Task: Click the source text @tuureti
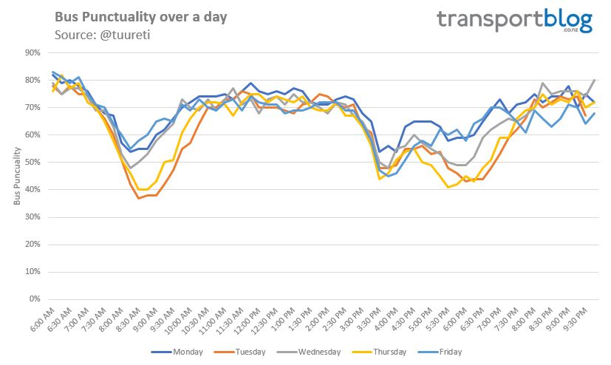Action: (94, 35)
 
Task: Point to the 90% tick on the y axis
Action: (32, 52)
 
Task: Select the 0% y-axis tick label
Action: (34, 299)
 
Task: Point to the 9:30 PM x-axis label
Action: (584, 321)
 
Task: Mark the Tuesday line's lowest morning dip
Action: (138, 198)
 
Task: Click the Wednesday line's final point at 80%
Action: (595, 80)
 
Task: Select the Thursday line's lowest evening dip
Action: (448, 187)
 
